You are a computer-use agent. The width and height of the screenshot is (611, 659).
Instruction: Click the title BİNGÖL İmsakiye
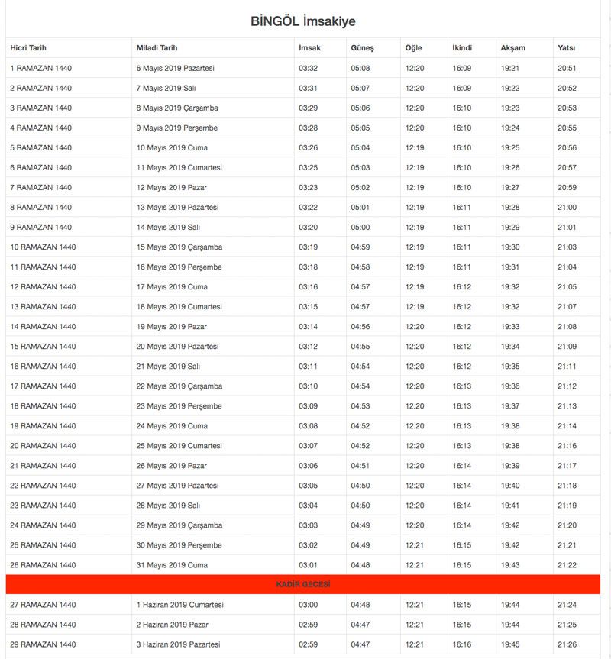302,21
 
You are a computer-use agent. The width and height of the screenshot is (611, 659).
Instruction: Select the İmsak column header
309,48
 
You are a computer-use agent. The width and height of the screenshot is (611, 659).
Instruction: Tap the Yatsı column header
566,48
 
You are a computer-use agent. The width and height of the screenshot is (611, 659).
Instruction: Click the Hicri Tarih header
28,48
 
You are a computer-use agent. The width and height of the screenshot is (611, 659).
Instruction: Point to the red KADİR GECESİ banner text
302,584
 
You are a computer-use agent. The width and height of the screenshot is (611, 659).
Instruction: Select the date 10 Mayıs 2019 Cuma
172,148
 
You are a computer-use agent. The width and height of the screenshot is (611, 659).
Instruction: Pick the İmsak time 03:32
308,69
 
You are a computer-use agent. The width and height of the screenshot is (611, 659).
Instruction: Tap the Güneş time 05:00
360,228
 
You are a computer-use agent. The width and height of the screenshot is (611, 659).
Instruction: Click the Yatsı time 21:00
567,208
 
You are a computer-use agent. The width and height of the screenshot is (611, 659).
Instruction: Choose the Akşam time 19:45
510,644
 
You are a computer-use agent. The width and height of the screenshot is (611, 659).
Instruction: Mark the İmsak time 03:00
308,605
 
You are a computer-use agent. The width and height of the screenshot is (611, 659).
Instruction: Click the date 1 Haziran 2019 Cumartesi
179,605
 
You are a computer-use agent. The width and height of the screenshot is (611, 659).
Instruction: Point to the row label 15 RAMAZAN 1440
43,347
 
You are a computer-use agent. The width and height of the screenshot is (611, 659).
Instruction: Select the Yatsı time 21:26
567,644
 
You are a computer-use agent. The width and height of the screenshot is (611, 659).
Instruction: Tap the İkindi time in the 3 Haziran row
462,644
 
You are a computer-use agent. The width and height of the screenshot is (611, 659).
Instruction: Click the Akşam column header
512,48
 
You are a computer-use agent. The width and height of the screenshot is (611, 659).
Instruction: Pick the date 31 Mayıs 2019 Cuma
172,565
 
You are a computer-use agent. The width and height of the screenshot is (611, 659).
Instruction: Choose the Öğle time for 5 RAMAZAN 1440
415,148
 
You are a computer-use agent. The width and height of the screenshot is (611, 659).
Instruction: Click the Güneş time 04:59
360,247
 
